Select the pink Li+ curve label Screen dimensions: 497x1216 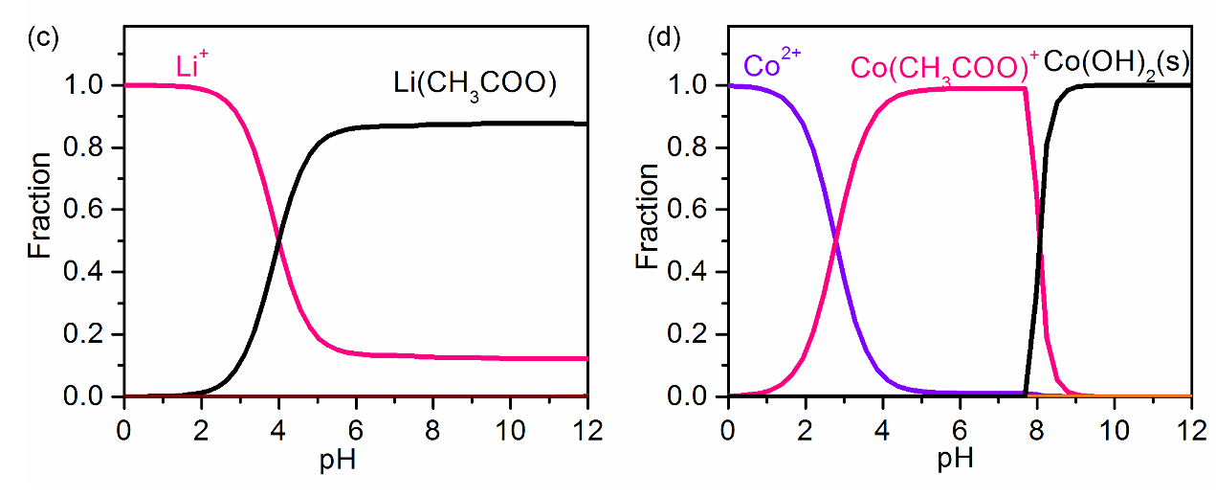191,66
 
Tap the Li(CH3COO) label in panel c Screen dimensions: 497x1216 475,83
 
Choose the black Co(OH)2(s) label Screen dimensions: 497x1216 1117,64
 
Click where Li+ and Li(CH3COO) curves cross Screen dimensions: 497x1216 278,240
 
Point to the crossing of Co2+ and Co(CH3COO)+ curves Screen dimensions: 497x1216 835,240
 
